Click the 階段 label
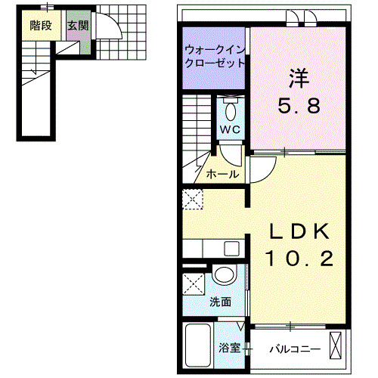point(41,25)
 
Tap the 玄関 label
point(77,25)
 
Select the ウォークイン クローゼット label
point(215,57)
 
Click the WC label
point(230,129)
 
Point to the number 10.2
point(299,259)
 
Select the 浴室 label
point(230,349)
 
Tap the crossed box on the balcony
point(337,348)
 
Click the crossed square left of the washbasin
point(194,288)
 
